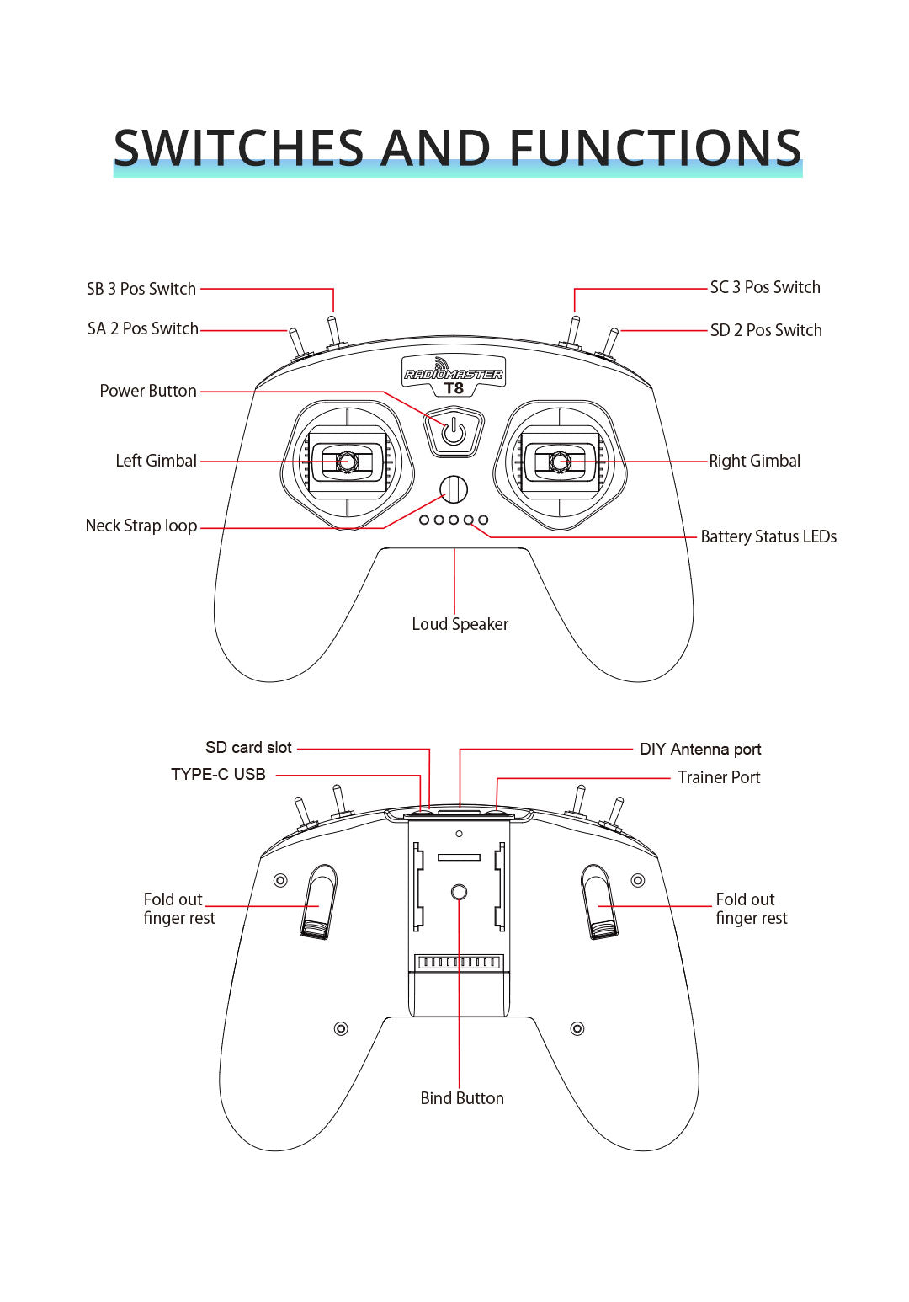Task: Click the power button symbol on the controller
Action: pyautogui.click(x=454, y=432)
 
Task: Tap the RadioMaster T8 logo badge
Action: pyautogui.click(x=454, y=376)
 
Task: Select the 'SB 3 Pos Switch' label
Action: pyautogui.click(x=141, y=289)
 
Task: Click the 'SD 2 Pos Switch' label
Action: pyautogui.click(x=766, y=330)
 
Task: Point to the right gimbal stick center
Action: pyautogui.click(x=560, y=462)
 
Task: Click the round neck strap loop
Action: pyautogui.click(x=454, y=489)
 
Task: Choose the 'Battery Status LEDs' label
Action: pyautogui.click(x=768, y=536)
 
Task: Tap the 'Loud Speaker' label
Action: pyautogui.click(x=460, y=624)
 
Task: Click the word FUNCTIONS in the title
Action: pyautogui.click(x=655, y=148)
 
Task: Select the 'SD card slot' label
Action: pyautogui.click(x=248, y=748)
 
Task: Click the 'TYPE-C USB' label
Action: pyautogui.click(x=218, y=775)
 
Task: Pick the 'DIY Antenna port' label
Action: pyautogui.click(x=700, y=750)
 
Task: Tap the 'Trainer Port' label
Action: pyautogui.click(x=719, y=777)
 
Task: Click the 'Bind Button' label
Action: pyautogui.click(x=462, y=1098)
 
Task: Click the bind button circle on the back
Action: pyautogui.click(x=459, y=892)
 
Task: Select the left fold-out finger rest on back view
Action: pyautogui.click(x=319, y=901)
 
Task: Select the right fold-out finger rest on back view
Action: pyautogui.click(x=598, y=901)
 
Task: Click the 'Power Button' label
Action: pyautogui.click(x=148, y=391)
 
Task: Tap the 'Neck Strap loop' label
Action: pyautogui.click(x=141, y=526)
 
